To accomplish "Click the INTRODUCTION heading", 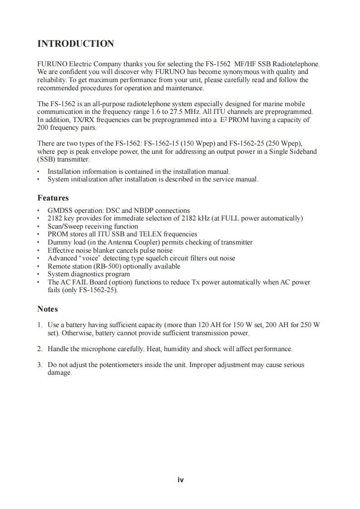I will [x=75, y=44].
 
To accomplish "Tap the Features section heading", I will [x=53, y=198].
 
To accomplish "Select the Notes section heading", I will [x=48, y=309].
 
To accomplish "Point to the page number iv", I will [x=180, y=480].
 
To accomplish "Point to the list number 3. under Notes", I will [x=40, y=365].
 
